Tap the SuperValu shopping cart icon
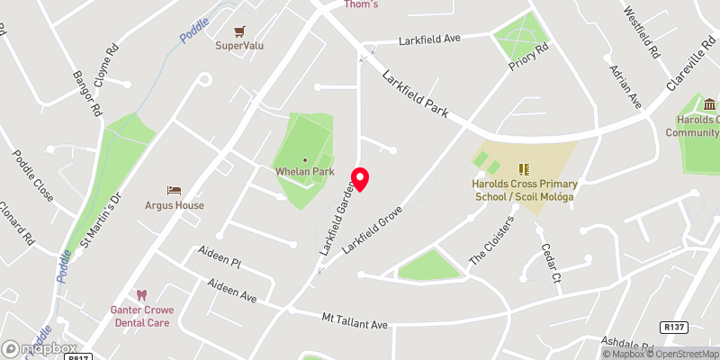pos(239,31)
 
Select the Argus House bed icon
pos(175,191)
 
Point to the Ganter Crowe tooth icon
pos(141,294)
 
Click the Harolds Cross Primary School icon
pos(524,168)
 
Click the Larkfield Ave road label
pos(430,40)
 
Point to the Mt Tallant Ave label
pos(355,319)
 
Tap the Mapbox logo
pos(39,348)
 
